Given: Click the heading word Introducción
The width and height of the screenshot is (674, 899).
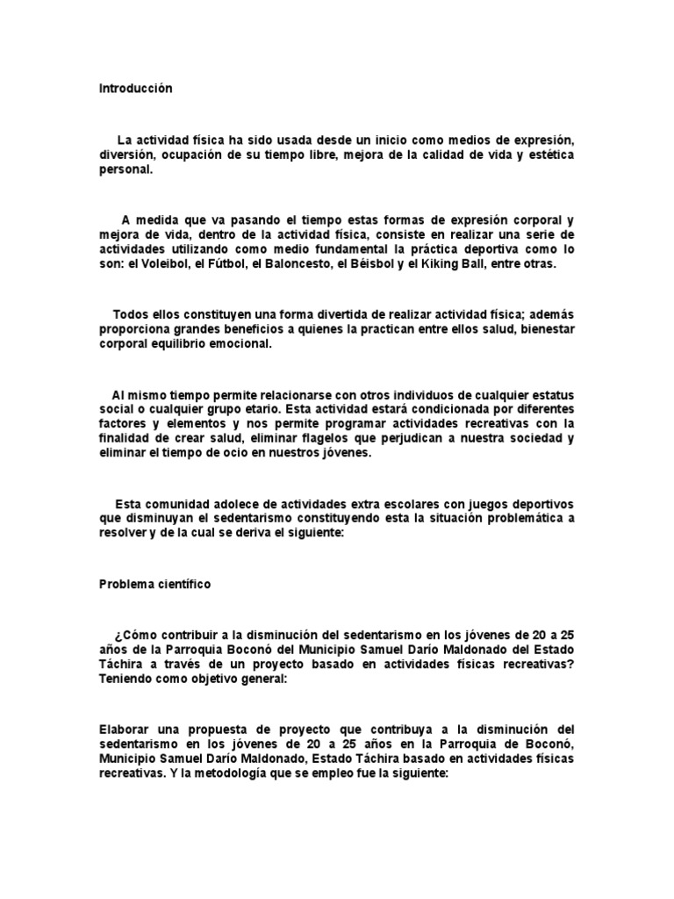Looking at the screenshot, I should click(136, 89).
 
